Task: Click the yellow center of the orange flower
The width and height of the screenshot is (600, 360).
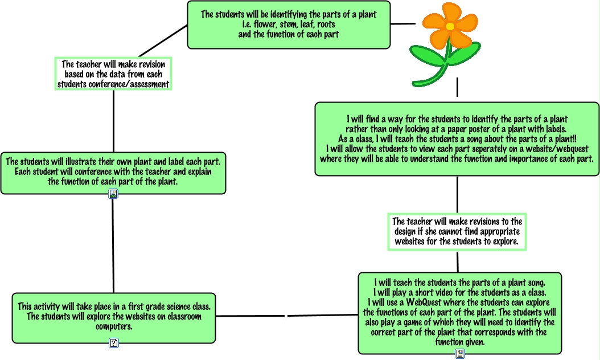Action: point(450,26)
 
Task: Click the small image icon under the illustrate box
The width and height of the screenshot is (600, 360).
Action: point(113,194)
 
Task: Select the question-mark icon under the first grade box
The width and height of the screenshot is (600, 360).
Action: point(114,343)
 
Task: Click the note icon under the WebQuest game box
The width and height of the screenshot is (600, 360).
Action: point(460,354)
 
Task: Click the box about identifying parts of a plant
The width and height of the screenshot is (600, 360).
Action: point(289,24)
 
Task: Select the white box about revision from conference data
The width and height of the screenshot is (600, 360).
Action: point(113,74)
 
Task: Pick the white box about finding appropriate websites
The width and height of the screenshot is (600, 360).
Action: point(457,231)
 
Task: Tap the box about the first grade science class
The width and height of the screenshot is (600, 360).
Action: point(114,317)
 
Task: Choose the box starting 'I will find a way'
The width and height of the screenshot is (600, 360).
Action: point(457,138)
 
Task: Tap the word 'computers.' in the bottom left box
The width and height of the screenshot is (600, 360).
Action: point(114,327)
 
